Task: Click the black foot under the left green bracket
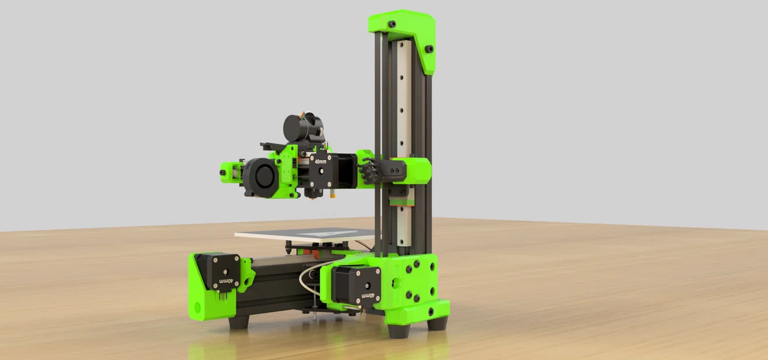pyautogui.click(x=238, y=321)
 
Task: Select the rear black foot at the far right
pyautogui.click(x=437, y=323)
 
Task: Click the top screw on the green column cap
pyautogui.click(x=392, y=24)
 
